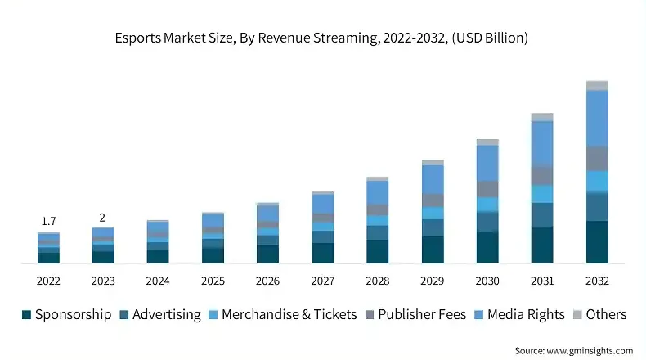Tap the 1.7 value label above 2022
click(48, 221)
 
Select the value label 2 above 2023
click(102, 217)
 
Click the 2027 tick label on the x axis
click(323, 281)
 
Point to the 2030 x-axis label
click(487, 281)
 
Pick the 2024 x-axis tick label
click(158, 281)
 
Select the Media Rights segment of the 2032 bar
click(598, 118)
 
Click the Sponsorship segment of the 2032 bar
click(598, 242)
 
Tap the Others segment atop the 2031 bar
click(542, 117)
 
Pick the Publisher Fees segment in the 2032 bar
click(598, 159)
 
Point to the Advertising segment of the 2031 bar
click(542, 214)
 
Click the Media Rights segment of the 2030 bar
click(487, 163)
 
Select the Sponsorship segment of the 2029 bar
click(433, 250)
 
